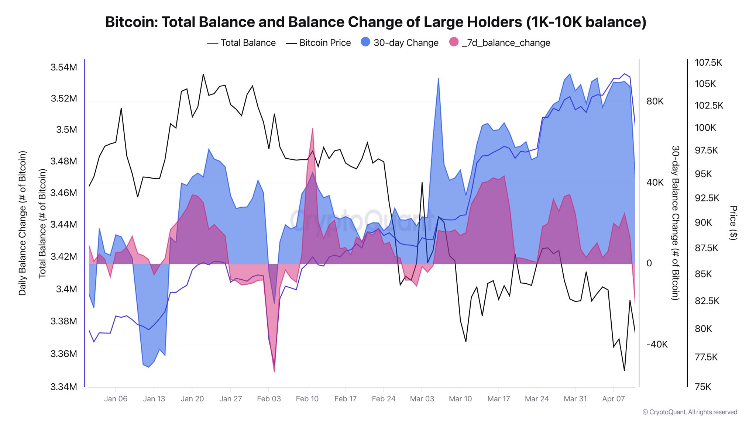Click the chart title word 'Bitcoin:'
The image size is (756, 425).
(x=131, y=22)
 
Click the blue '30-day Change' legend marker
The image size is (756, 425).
(x=365, y=42)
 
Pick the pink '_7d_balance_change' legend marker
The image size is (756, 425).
(x=454, y=42)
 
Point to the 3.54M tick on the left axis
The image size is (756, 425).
(x=64, y=67)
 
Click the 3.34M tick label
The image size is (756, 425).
(x=64, y=387)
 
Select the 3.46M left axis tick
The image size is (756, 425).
(x=64, y=193)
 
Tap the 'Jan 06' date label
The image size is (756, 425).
(x=116, y=399)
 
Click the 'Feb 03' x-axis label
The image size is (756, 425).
(x=269, y=399)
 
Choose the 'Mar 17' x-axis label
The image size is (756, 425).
(x=498, y=399)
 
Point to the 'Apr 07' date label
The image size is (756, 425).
(x=613, y=399)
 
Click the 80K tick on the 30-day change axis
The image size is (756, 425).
(x=655, y=101)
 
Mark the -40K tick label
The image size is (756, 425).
(x=657, y=345)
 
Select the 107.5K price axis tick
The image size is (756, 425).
(x=708, y=63)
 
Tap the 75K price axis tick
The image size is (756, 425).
(x=703, y=387)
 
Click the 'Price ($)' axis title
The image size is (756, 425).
(x=733, y=223)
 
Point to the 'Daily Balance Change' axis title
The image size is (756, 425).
(x=23, y=223)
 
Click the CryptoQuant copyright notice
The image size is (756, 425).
(x=690, y=412)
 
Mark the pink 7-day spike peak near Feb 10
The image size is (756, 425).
(x=313, y=129)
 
